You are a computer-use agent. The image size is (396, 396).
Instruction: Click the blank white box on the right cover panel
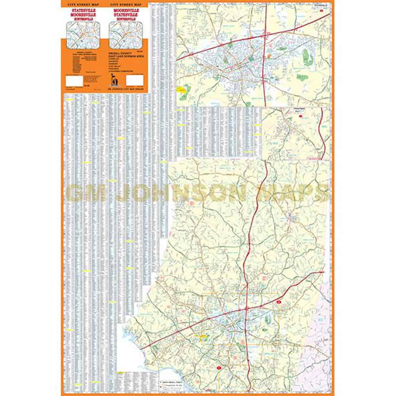134,81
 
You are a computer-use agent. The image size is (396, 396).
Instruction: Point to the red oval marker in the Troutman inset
301,116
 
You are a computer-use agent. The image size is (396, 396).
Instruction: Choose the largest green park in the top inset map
308,57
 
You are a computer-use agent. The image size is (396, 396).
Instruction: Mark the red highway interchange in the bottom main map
246,308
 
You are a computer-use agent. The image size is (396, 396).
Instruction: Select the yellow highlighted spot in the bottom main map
203,337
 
